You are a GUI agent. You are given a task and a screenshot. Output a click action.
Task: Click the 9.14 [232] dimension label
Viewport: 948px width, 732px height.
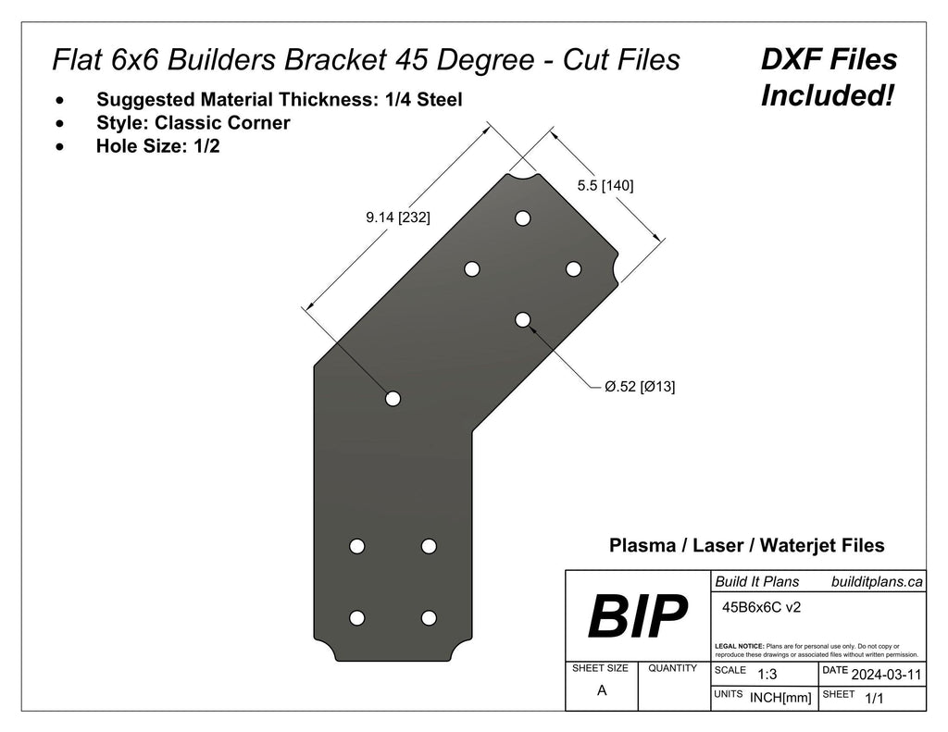pos(397,217)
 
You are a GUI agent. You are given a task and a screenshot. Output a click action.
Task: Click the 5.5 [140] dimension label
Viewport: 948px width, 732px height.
pos(605,185)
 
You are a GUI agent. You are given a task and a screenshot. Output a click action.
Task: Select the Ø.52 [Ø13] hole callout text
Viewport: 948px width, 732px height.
pos(639,387)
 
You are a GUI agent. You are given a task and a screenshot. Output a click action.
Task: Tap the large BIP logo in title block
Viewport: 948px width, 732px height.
pos(638,616)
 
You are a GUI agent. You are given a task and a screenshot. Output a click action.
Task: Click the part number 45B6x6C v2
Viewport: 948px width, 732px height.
pos(760,608)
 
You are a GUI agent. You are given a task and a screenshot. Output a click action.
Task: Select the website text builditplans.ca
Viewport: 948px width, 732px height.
pos(877,581)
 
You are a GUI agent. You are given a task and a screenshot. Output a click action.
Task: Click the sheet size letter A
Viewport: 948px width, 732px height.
pos(602,690)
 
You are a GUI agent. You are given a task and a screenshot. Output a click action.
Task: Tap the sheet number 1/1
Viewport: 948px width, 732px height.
pos(873,700)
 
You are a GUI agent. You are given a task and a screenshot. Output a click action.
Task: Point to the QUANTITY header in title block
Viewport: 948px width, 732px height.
pos(673,668)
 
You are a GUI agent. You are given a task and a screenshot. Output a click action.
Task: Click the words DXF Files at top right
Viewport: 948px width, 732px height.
pos(829,60)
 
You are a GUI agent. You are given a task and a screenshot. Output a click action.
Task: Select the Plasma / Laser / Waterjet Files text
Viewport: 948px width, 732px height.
pos(746,546)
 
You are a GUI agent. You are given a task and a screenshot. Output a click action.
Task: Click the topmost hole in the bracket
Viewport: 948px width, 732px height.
pos(523,218)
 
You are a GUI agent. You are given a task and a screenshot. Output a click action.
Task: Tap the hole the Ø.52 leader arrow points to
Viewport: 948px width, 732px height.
pos(523,319)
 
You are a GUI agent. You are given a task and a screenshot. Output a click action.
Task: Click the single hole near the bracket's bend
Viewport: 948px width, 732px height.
pos(393,398)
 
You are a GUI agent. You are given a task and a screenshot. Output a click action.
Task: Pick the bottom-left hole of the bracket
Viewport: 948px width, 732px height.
pos(357,617)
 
